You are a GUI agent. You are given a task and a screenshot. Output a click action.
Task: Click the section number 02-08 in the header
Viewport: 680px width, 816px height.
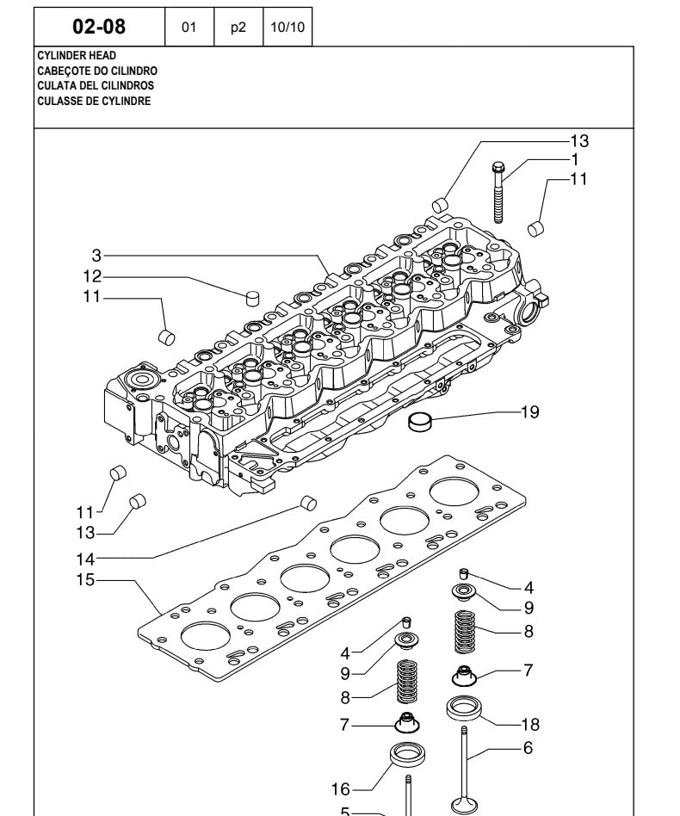(99, 27)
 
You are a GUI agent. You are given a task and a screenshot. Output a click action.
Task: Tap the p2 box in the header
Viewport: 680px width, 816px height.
(238, 27)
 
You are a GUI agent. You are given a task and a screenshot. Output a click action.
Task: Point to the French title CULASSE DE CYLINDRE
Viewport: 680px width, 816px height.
(94, 101)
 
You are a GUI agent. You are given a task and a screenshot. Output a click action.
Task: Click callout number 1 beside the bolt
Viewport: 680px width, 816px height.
(574, 158)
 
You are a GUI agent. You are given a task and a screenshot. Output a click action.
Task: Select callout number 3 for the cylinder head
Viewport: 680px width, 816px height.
(97, 255)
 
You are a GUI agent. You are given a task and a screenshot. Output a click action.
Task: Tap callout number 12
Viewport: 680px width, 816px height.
(92, 276)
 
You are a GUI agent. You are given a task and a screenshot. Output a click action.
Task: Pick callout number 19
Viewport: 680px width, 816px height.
(529, 412)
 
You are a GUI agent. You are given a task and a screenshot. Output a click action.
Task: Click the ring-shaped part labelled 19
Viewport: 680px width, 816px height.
(421, 422)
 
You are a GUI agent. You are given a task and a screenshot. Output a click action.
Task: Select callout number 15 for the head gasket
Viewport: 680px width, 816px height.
(84, 579)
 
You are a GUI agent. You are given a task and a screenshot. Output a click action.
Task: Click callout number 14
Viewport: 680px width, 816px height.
(84, 558)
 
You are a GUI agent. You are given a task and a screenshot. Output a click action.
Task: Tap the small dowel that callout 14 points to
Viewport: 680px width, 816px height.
(306, 503)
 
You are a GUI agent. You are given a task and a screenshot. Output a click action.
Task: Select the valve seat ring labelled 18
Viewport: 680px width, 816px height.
(463, 711)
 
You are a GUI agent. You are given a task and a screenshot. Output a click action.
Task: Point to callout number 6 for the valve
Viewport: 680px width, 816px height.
(529, 748)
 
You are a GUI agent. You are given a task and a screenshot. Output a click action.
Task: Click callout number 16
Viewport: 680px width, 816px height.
(340, 788)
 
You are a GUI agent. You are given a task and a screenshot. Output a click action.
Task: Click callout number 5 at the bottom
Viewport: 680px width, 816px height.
(346, 811)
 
